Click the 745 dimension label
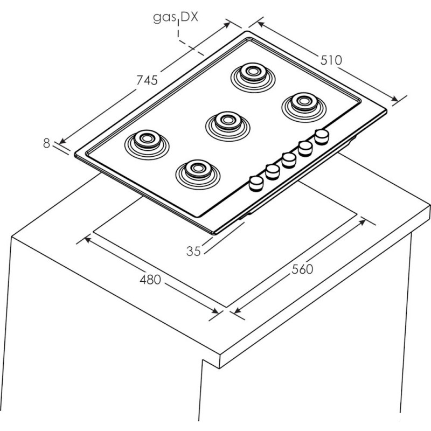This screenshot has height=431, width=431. [x=147, y=80]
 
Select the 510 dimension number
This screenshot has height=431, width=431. [x=331, y=60]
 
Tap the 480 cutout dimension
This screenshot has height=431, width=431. [x=150, y=280]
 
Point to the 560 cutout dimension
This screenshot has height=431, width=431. [x=302, y=269]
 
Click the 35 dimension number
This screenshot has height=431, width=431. [x=193, y=251]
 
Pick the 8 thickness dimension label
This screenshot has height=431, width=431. [x=47, y=143]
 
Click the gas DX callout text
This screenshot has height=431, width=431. [x=176, y=18]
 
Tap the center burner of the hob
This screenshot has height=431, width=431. [x=227, y=126]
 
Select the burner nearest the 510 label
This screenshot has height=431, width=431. [x=304, y=107]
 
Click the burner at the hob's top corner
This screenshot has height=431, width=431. [x=253, y=78]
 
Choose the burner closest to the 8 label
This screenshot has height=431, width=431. [x=147, y=144]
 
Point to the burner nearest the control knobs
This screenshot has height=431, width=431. [x=198, y=175]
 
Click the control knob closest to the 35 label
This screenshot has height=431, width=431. [x=256, y=184]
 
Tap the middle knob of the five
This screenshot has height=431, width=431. [x=289, y=160]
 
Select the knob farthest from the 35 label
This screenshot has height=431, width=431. [x=322, y=137]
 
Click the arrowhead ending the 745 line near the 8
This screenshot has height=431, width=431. [x=62, y=141]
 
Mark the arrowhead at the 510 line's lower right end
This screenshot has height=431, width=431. [x=395, y=99]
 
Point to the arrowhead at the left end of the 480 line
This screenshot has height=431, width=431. [x=87, y=240]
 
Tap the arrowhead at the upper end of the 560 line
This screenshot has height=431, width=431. [x=363, y=221]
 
